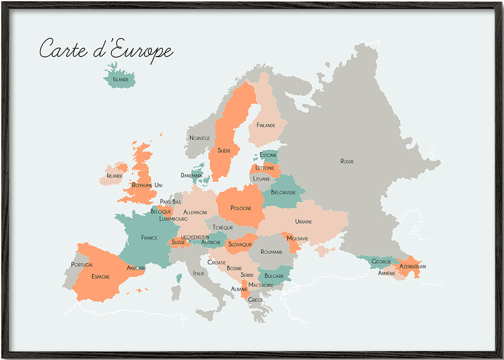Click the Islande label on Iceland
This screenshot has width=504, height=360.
[121, 79]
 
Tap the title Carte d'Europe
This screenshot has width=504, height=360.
[106, 50]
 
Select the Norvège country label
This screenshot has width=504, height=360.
[200, 138]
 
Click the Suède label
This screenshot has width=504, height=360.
[224, 150]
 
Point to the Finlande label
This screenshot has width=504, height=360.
[266, 126]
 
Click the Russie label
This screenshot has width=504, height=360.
[347, 162]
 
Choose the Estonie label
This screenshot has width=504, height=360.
[268, 156]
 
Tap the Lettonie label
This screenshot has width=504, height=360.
[265, 168]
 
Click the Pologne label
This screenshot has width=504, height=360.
[241, 208]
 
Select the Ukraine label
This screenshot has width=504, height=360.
[304, 222]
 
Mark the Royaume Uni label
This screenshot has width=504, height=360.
[147, 185]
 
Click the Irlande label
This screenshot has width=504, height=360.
[115, 176]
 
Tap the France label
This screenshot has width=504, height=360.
[149, 238]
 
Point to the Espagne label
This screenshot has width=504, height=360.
[100, 277]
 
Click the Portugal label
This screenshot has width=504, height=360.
[82, 265]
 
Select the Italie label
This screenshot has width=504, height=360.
[199, 273]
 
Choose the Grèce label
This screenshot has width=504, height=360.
[255, 300]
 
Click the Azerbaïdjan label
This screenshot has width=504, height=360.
[412, 266]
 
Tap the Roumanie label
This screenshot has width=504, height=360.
[272, 252]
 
